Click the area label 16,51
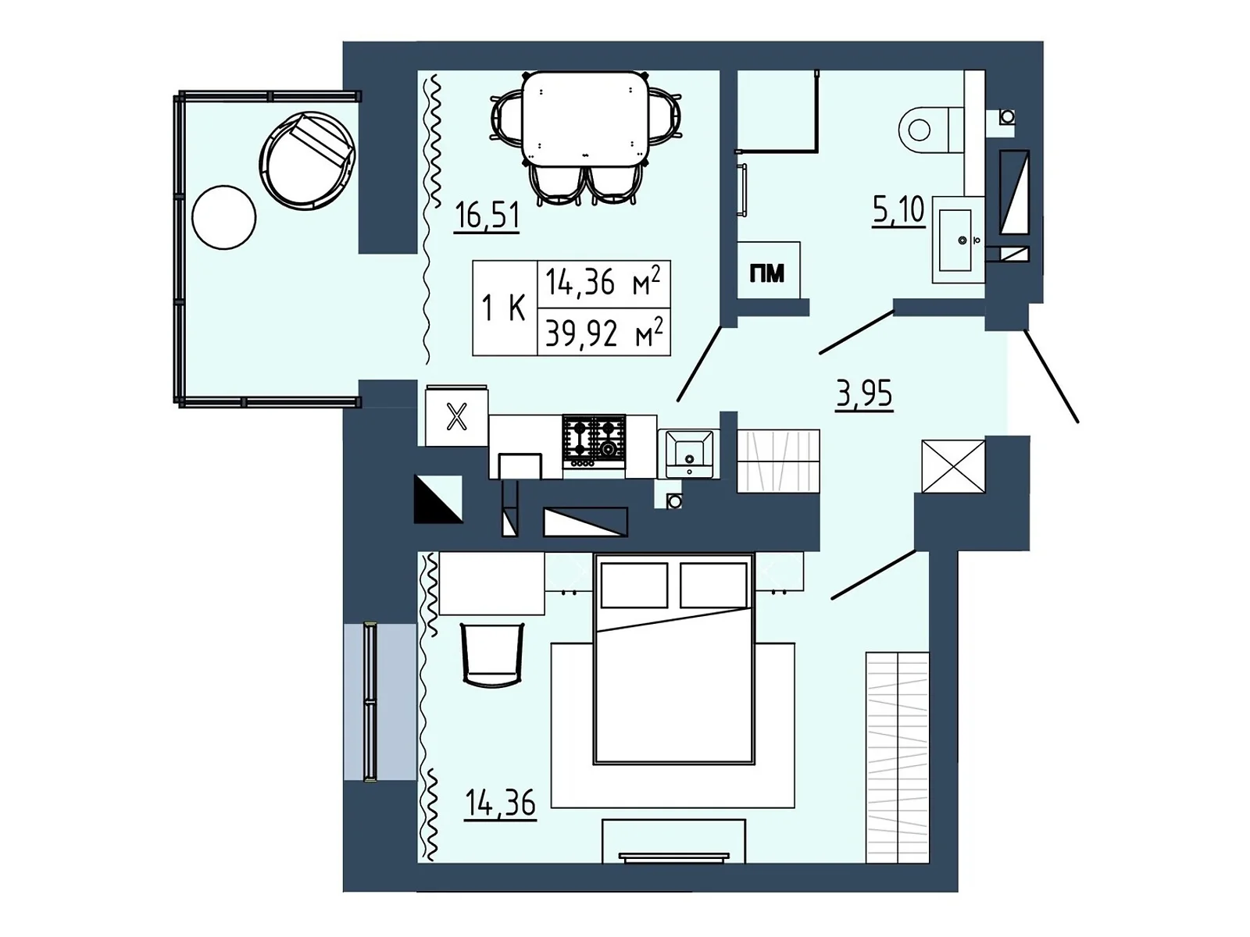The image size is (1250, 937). [x=487, y=215]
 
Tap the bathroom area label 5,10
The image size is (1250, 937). [x=898, y=210]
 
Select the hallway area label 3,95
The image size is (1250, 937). [x=863, y=394]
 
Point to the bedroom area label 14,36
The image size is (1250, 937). [x=500, y=802]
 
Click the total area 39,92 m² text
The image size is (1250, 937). [x=603, y=333]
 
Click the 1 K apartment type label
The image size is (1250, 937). [x=504, y=308]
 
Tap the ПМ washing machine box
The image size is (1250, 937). [x=768, y=271]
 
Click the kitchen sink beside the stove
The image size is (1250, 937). [x=688, y=452]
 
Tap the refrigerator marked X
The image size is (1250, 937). [x=456, y=417]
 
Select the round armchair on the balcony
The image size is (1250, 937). [x=306, y=161]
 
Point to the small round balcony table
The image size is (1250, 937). [x=223, y=217]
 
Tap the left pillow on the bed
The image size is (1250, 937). [x=634, y=585]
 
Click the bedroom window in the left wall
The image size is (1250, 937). [x=371, y=700]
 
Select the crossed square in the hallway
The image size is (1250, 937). [x=953, y=466]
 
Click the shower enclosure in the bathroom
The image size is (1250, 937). [x=777, y=109]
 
